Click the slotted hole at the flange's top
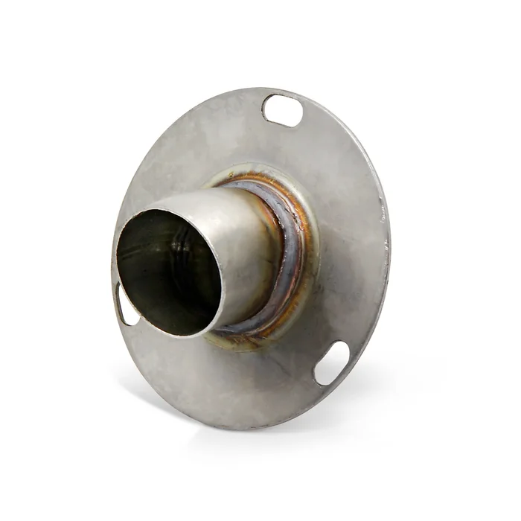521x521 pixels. (x=283, y=110)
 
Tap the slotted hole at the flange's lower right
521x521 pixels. (x=332, y=362)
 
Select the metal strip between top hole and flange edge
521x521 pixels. (x=287, y=95)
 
